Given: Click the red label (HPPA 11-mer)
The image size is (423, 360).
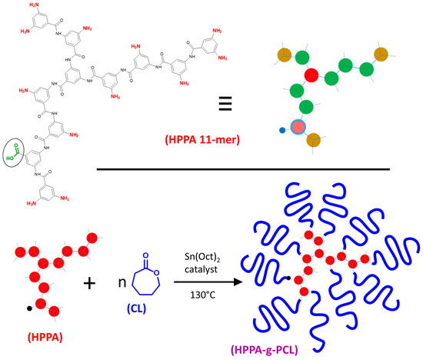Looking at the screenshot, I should click(196, 141).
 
